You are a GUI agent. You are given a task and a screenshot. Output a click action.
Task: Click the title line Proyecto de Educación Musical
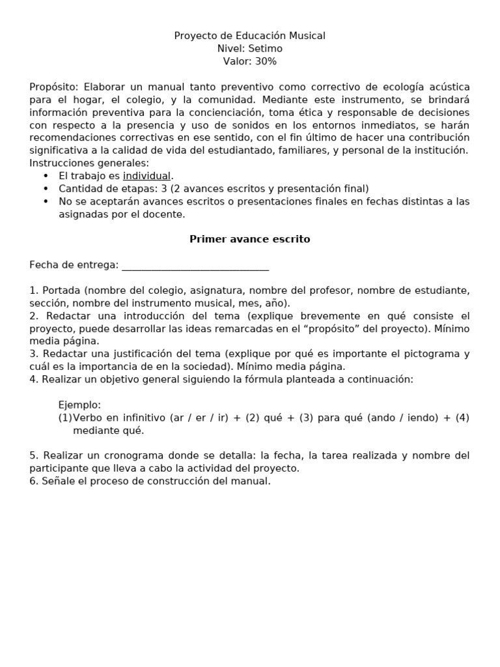pos(249,36)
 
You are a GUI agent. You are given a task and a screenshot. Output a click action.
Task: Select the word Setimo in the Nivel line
pos(266,48)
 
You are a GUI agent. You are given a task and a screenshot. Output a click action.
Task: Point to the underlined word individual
pos(146,176)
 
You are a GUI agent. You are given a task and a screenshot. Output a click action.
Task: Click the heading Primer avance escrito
pos(249,239)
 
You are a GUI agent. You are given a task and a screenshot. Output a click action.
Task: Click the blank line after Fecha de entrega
pos(195,265)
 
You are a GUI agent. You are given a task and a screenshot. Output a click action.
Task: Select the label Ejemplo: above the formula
pos(79,405)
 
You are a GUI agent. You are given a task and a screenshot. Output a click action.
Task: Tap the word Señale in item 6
pos(58,481)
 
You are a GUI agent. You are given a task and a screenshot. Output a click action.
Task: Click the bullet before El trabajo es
pos(46,177)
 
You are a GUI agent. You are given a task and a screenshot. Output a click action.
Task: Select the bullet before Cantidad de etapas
pos(46,189)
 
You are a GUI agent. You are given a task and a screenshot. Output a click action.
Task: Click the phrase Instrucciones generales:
pos(89,163)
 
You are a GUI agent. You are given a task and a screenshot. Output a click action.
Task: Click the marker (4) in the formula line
pos(462,418)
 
